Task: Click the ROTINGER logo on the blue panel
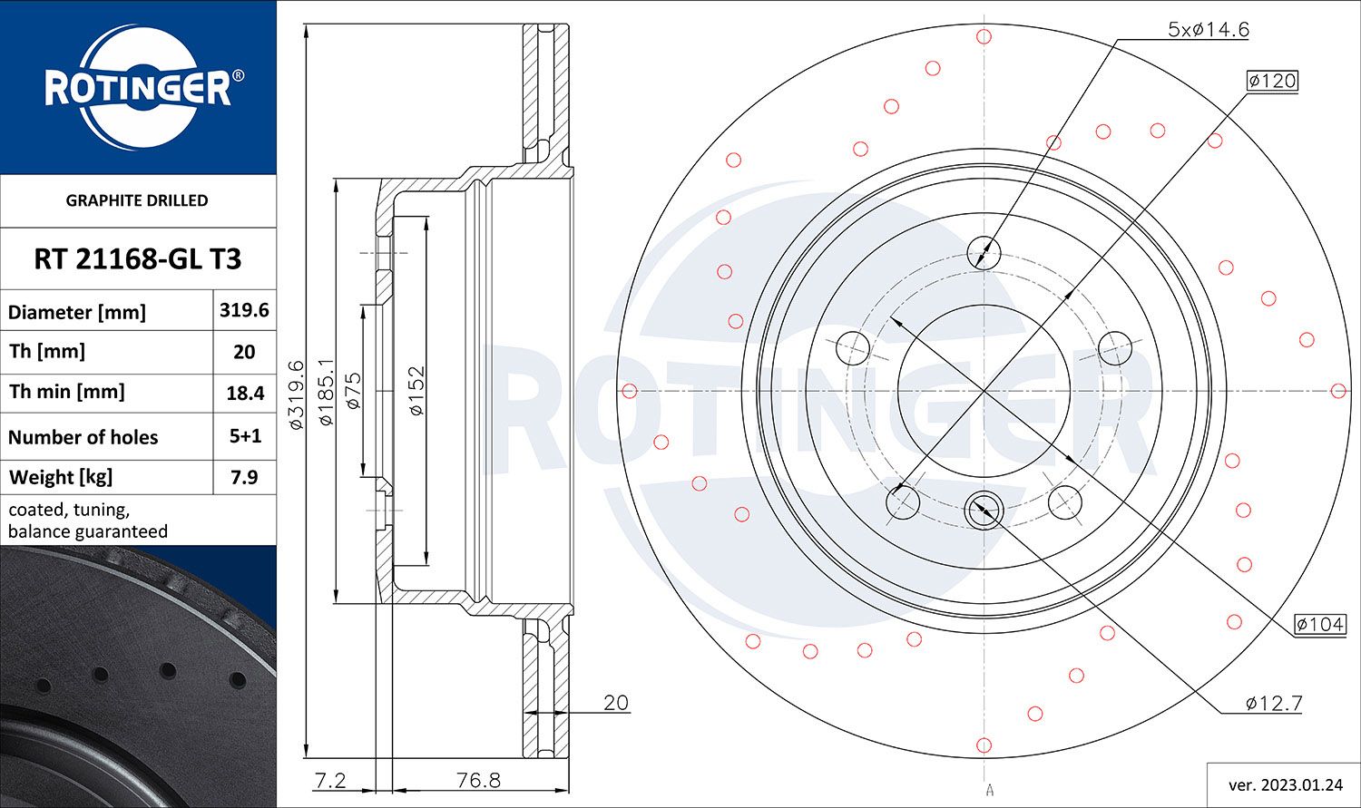click(x=138, y=88)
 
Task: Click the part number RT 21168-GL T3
click(x=138, y=259)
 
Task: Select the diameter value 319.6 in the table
click(x=244, y=310)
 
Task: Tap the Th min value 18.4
click(x=244, y=393)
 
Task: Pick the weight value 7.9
click(x=244, y=477)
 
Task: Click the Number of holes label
click(x=83, y=437)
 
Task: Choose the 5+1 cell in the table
click(x=244, y=436)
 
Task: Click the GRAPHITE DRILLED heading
click(x=137, y=200)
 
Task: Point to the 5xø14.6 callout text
click(x=1208, y=30)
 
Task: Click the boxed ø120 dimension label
click(x=1272, y=81)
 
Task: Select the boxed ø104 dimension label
click(x=1319, y=624)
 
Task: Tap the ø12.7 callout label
click(x=1274, y=703)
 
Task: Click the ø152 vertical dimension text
click(x=416, y=390)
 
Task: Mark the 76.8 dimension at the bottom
click(x=478, y=780)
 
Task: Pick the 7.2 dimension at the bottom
click(x=330, y=780)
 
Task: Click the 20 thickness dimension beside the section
click(x=615, y=702)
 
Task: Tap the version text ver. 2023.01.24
click(x=1283, y=784)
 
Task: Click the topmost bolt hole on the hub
click(x=984, y=251)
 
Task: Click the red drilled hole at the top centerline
click(x=984, y=36)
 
